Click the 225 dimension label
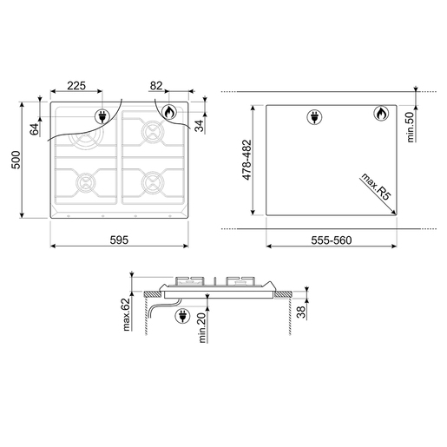point(76,86)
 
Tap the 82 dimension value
point(156,86)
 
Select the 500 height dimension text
point(16,160)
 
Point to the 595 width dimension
point(119,240)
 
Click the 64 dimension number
point(34,129)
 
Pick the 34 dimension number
point(199,126)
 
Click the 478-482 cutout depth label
point(247,160)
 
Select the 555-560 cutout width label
point(332,240)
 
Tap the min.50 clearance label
point(410,127)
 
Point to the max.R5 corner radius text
point(376,187)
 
